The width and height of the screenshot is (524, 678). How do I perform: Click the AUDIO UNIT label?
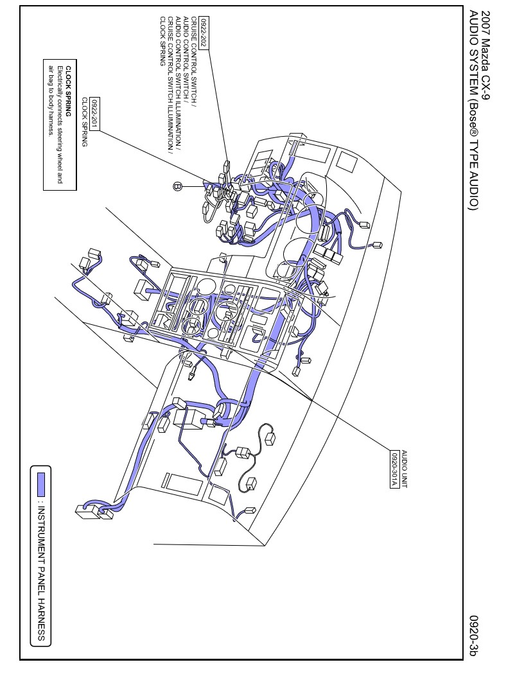coord(403,465)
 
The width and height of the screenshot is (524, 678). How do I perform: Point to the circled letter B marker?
coord(178,186)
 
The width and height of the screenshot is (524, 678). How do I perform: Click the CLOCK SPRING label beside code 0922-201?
coord(84,123)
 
